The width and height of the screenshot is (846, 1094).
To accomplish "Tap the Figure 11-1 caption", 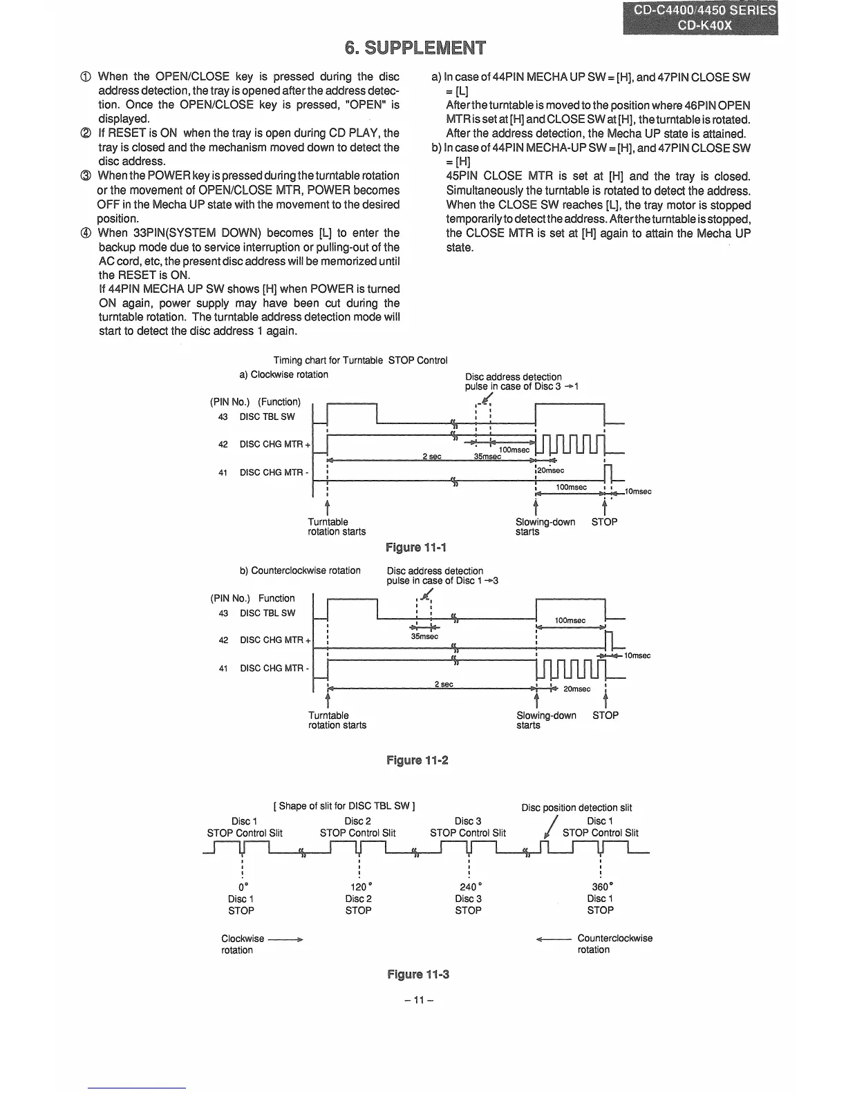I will coord(416,548).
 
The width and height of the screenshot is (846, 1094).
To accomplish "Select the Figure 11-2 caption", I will coord(417,760).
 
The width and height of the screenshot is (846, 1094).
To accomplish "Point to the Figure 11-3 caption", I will coord(418,975).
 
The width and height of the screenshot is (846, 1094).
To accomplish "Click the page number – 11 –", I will coord(419,1000).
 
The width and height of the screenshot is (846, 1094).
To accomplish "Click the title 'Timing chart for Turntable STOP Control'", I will coord(360,360).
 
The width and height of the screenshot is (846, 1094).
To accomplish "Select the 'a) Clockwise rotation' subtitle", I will coord(283,374).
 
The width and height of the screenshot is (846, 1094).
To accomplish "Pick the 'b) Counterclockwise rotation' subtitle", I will coord(300,570).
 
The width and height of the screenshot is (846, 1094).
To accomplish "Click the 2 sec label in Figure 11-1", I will coord(431,457).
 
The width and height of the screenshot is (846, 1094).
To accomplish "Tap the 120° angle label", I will coord(359,887).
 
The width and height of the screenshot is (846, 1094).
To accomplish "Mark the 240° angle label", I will coord(469,887).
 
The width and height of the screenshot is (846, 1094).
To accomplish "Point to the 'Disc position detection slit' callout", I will coord(576,807).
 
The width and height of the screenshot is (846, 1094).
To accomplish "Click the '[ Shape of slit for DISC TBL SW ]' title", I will coord(344,805).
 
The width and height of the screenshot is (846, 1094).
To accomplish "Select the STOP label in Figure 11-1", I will coord(604,522).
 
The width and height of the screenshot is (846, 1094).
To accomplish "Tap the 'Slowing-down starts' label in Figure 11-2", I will coord(545,720).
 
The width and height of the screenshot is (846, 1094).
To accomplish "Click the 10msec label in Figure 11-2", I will coord(637,655).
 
